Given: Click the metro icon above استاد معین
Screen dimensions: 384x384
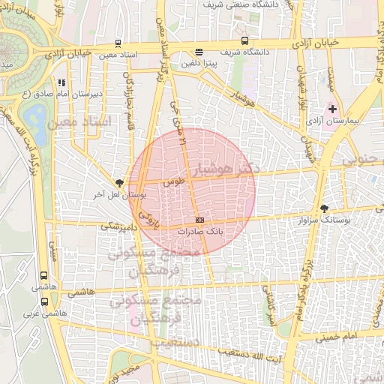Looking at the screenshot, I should pos(118,43).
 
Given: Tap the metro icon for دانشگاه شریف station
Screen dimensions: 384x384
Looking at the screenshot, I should pos(244,41).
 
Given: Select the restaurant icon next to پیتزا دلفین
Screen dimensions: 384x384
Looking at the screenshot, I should pos(199,52).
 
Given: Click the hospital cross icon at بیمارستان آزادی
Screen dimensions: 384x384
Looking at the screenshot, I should pos(333,109).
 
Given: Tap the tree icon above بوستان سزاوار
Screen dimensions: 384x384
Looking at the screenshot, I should pos(323,208).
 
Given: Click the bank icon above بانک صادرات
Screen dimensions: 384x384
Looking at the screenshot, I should pos(199,220).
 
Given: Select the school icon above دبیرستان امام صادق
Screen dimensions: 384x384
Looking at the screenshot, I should pos(61,82).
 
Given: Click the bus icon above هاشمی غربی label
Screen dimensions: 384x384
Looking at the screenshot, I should pos(44,301).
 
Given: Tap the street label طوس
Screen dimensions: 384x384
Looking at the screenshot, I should pos(174,182).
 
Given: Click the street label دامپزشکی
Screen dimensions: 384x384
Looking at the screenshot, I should pos(118,225).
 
